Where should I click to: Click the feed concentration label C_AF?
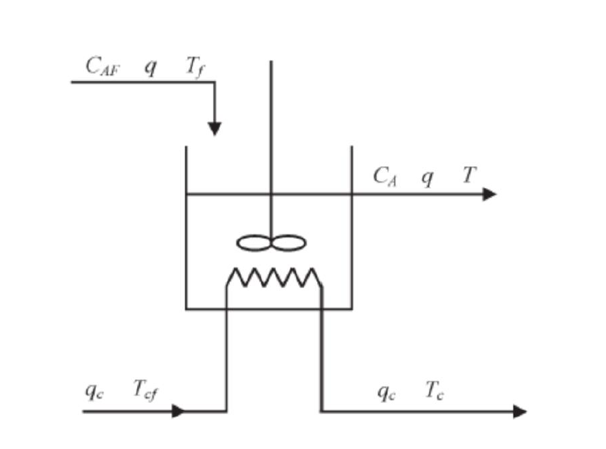click(x=102, y=67)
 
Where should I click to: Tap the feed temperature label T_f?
click(x=194, y=67)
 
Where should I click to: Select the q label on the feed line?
click(x=151, y=68)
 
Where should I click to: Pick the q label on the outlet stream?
click(x=427, y=178)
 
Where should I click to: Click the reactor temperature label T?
click(x=469, y=176)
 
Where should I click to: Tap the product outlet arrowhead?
click(x=489, y=194)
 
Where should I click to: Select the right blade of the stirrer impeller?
click(x=289, y=243)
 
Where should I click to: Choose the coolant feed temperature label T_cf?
click(x=145, y=390)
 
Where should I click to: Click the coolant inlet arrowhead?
click(x=178, y=410)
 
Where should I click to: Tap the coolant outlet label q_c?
click(x=386, y=390)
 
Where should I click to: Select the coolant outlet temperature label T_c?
click(x=435, y=390)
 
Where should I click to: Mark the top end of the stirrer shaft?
click(x=271, y=62)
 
